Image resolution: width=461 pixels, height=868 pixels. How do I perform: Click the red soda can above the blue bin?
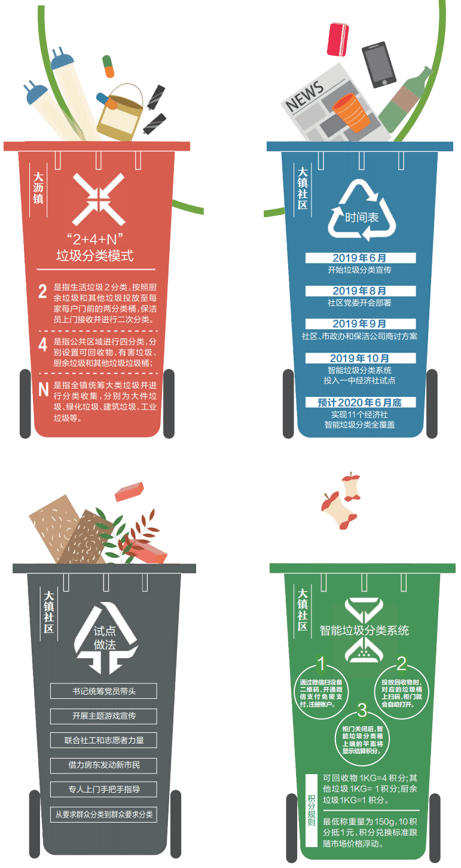coord(338,39)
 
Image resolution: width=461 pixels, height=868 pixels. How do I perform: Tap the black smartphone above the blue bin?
coord(379,65)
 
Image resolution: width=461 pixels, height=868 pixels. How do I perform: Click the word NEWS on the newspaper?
coord(305,96)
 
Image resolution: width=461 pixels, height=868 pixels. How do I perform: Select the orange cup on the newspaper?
coord(350,113)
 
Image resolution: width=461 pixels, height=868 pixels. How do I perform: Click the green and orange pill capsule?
coord(108,66)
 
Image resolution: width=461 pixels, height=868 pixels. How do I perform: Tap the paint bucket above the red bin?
coord(120,112)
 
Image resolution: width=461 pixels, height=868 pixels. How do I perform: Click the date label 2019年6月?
coord(360,258)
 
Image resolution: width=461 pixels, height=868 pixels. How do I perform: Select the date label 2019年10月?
coord(360,358)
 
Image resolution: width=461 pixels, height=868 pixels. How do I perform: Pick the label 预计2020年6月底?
coord(360,402)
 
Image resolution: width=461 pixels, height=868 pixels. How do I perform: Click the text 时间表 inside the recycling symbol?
coord(362,218)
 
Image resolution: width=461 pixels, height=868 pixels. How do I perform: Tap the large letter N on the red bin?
coord(44,389)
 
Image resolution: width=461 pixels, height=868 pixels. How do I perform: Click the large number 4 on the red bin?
coord(42,344)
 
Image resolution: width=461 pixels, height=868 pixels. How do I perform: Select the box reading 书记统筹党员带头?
coord(103,691)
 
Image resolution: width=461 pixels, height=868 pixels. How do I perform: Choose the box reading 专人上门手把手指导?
coord(103,789)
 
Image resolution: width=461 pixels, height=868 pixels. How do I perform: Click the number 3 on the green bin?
coord(362,710)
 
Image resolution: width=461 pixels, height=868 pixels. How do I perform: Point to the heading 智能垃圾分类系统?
coord(364,631)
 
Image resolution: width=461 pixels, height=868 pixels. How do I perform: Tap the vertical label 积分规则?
coord(312,810)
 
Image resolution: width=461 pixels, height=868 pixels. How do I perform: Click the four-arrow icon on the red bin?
coord(99,199)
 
